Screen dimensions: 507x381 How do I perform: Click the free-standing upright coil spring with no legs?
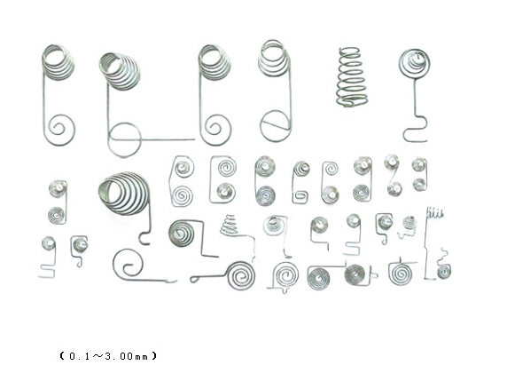[x=352, y=77]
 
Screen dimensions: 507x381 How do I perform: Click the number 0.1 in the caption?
[x=79, y=356]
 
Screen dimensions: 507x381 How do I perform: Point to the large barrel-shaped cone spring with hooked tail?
[x=124, y=194]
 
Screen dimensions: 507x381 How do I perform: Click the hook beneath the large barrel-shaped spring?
[x=145, y=238]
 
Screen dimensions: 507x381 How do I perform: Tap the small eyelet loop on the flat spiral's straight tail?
[x=195, y=279]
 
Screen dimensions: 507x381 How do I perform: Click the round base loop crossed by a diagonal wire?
[x=275, y=126]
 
